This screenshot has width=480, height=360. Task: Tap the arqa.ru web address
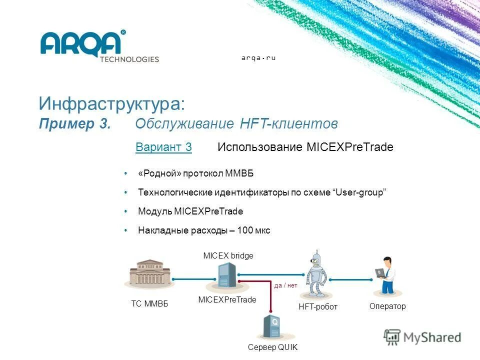click(x=258, y=58)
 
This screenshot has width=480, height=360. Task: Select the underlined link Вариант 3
click(x=163, y=147)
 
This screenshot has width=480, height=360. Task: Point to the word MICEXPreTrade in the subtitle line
click(x=349, y=147)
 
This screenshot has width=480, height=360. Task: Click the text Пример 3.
click(x=74, y=123)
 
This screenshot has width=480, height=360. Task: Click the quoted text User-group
click(x=359, y=192)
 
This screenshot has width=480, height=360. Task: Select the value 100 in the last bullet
click(x=245, y=230)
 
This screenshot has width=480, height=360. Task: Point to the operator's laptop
click(x=380, y=272)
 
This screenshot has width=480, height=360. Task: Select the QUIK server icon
click(x=272, y=327)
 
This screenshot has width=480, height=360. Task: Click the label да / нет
click(x=285, y=285)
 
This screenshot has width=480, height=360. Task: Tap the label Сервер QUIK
click(x=272, y=348)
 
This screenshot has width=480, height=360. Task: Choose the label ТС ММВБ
click(x=149, y=304)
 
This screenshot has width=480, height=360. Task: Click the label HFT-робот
click(x=318, y=306)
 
